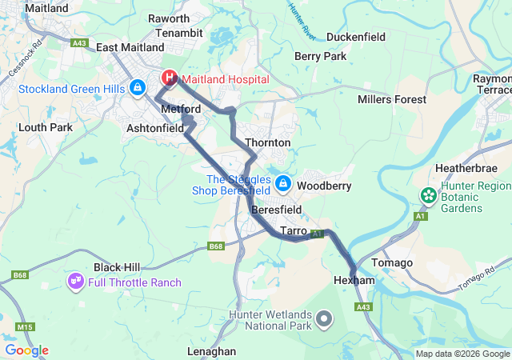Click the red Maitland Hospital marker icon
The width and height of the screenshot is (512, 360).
coord(170,78)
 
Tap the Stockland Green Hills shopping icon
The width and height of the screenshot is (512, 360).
coord(138,86)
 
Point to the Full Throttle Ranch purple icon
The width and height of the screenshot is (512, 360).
coord(77,282)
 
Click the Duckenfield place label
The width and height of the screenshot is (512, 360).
coord(356,37)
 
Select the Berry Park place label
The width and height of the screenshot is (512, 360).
coord(320,56)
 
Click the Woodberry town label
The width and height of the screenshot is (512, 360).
coord(324,186)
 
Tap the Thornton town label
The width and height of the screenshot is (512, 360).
coord(267,142)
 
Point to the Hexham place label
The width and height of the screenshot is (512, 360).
coord(354,282)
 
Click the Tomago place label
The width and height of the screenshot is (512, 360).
coord(393,263)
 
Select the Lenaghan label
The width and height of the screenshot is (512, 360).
coord(211,351)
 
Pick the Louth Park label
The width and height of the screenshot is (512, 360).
coord(45,127)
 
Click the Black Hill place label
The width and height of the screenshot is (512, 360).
coord(118,267)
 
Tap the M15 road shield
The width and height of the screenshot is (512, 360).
coord(26,327)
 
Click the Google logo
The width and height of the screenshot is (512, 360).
coord(26,350)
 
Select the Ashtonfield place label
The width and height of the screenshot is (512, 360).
coord(155,128)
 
